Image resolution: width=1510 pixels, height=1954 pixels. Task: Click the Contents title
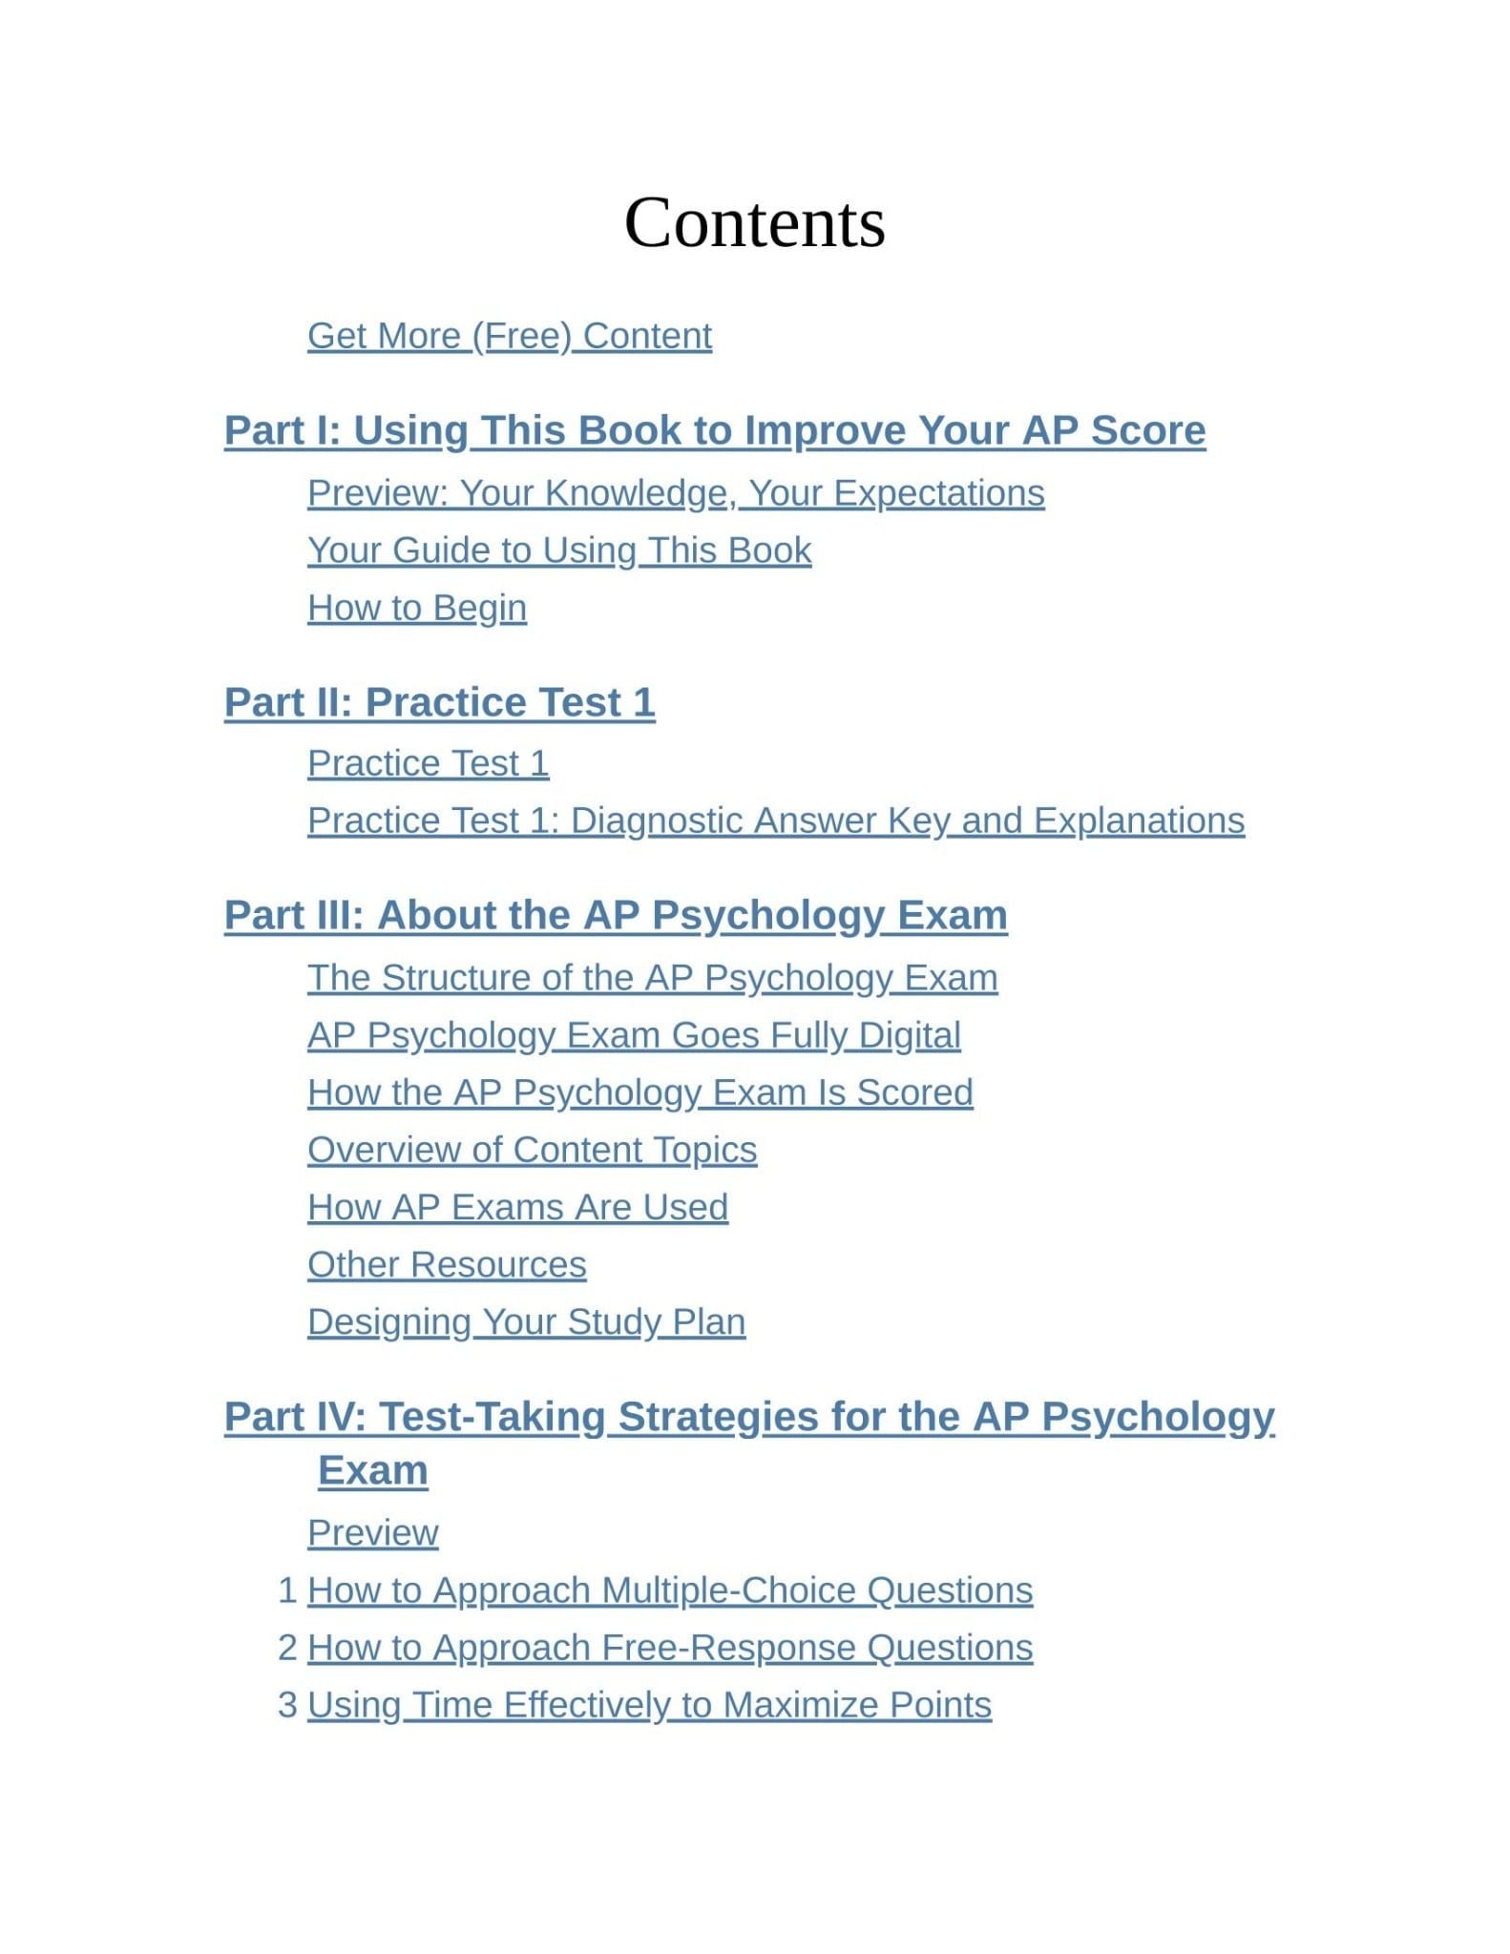754,223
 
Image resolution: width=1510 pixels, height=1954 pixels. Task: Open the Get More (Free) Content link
509,336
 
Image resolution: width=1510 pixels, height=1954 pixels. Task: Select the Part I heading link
714,430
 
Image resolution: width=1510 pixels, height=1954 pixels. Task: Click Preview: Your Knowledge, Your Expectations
675,493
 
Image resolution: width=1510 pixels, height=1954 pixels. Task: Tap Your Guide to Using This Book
558,551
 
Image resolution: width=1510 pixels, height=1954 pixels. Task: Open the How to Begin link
416,608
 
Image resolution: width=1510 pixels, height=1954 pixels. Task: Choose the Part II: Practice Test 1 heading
439,702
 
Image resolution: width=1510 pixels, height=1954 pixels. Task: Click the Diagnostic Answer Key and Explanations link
775,821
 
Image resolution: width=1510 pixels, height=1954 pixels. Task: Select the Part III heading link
616,915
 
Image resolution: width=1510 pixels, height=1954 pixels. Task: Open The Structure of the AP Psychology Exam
652,978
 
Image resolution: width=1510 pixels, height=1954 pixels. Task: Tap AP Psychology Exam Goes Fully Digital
634,1035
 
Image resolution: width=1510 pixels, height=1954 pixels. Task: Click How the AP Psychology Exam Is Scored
640,1092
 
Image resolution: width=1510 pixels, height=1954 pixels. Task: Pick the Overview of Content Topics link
532,1150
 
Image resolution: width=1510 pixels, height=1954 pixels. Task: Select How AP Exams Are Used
517,1207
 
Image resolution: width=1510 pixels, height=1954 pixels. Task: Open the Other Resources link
446,1264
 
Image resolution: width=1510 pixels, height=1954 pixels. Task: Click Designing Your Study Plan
526,1321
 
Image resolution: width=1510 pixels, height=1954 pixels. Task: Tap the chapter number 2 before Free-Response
287,1648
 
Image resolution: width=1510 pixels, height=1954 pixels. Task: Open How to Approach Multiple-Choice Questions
669,1590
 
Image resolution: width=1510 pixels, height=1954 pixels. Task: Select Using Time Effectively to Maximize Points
649,1705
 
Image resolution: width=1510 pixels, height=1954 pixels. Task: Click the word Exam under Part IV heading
372,1470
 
